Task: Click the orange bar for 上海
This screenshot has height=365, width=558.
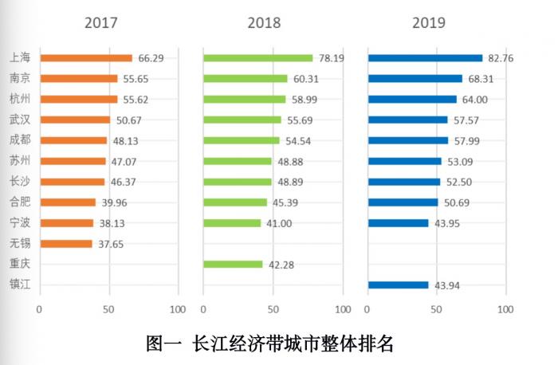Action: point(85,58)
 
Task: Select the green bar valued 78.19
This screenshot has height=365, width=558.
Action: point(257,58)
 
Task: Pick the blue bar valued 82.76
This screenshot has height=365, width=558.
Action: point(425,58)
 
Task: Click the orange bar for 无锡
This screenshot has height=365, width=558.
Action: point(65,244)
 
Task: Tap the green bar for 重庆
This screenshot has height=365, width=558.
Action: point(233,265)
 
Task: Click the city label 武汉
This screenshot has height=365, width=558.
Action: point(21,120)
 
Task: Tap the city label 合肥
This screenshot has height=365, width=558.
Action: point(21,202)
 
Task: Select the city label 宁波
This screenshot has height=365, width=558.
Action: point(21,223)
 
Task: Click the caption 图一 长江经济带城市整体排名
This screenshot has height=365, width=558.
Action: point(270,344)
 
